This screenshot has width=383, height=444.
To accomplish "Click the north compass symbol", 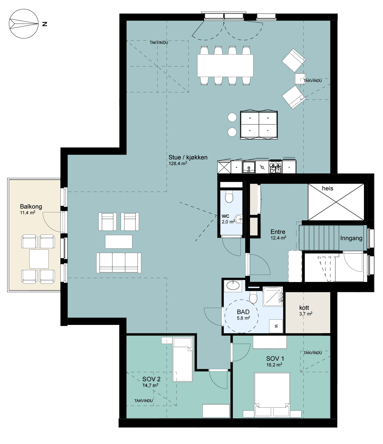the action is tap(24, 24).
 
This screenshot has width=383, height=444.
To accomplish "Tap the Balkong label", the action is tap(31, 206).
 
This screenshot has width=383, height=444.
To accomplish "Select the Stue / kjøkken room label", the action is tap(188, 157).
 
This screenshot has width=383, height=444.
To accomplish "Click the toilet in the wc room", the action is tap(229, 197).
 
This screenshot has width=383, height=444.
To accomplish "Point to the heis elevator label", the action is tap(327, 188).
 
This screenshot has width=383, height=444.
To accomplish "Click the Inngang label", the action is tap(351, 238).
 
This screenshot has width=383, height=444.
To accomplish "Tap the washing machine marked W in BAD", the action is tap(276, 326).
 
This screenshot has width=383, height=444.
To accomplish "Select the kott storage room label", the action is tap(304, 308).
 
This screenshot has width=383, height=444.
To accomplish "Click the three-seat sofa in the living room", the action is tap(118, 263).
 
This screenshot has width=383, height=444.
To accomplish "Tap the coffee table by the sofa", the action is tap(118, 242).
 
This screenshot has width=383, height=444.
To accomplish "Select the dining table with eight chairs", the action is tap(225, 65).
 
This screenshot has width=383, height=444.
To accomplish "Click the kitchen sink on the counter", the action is tap(249, 167).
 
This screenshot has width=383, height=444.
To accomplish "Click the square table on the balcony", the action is tap(39, 259).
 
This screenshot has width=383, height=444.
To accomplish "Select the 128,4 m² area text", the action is tap(178, 163).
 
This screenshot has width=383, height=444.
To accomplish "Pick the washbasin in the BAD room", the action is tap(233, 286).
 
